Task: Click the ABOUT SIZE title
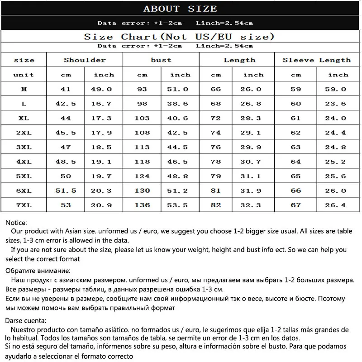click(180, 9)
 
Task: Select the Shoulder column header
click(85, 60)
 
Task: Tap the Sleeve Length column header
click(317, 60)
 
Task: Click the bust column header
click(161, 60)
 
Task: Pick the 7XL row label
click(24, 205)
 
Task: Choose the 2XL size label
click(24, 133)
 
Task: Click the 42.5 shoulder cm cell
click(66, 104)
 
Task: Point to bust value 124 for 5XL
click(142, 176)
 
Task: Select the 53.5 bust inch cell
click(180, 205)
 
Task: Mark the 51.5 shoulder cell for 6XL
click(66, 191)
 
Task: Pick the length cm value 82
click(216, 205)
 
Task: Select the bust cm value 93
click(142, 89)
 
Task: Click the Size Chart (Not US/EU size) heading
click(179, 37)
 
